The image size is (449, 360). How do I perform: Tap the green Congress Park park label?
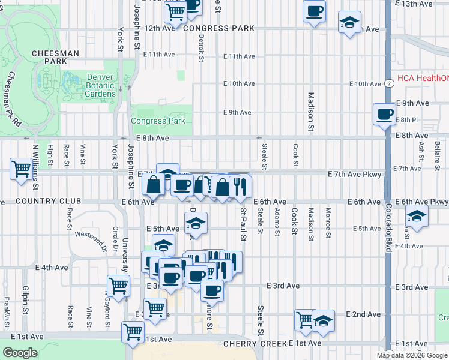pos(159,121)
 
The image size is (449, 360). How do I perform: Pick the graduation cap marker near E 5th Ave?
pos(195,223)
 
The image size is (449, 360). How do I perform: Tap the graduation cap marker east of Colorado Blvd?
pos(416,216)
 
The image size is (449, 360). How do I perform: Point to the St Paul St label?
pos(243,224)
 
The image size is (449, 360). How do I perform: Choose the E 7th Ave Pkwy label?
pos(354,173)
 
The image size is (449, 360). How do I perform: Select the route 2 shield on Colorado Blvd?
pos(390,83)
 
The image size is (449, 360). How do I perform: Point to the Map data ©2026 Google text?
pos(412,355)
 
